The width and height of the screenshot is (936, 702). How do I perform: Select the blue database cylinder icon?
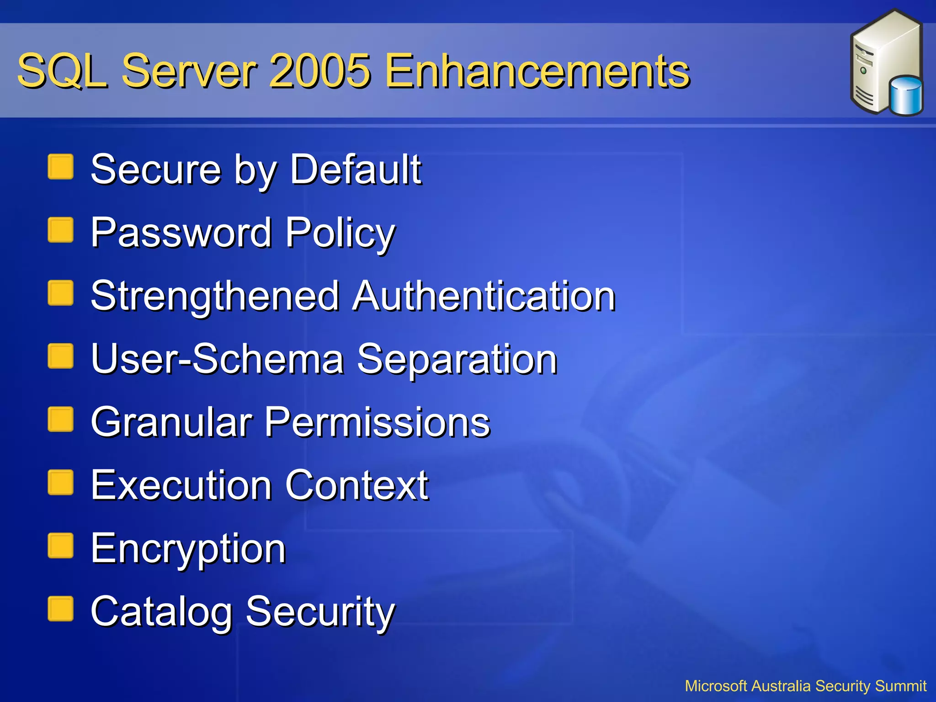(906, 96)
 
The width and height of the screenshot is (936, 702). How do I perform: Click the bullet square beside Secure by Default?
(60, 167)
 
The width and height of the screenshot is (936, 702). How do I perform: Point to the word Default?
(356, 170)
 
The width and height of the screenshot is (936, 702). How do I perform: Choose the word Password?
(181, 233)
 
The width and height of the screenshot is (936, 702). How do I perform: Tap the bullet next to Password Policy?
(60, 230)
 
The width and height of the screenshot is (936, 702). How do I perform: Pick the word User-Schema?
(217, 359)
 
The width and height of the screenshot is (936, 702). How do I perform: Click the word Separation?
(457, 359)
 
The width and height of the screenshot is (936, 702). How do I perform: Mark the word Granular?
(171, 422)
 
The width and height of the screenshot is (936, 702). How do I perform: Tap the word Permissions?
(378, 422)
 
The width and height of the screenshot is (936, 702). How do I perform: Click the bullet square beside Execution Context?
(60, 483)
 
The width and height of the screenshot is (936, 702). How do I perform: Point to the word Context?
(357, 485)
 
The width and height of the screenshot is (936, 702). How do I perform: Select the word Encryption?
(188, 548)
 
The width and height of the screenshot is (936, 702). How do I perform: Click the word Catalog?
(161, 612)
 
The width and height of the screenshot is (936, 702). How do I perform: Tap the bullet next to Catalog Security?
(60, 609)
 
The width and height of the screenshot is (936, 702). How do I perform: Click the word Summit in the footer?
(900, 686)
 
